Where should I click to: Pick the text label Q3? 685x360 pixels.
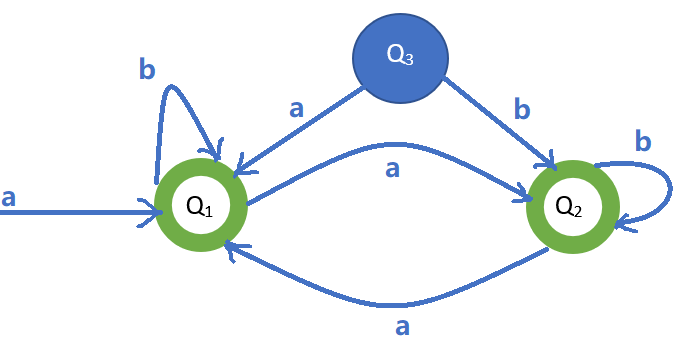click(398, 59)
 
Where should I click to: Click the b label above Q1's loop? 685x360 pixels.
click(147, 70)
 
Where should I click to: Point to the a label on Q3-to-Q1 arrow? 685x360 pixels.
click(296, 108)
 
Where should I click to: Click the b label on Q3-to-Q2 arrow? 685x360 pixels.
click(522, 109)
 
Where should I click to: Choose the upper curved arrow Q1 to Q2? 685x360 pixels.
click(390, 148)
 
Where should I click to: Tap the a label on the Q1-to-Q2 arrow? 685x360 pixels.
click(392, 170)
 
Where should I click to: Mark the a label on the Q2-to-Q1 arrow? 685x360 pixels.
click(402, 327)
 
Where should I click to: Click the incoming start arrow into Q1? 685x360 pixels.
click(80, 212)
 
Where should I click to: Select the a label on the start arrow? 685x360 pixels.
click(9, 198)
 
